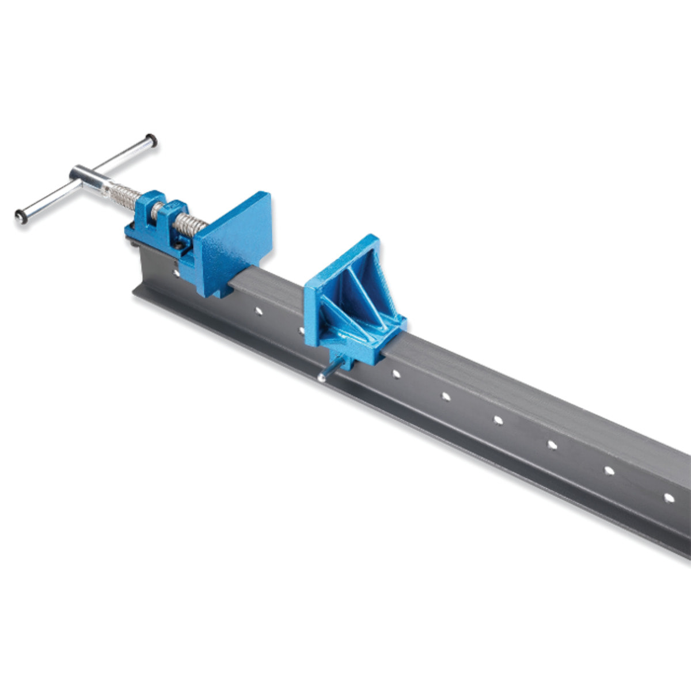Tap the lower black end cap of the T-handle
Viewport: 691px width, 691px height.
click(21, 217)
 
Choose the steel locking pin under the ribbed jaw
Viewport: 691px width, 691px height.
click(324, 375)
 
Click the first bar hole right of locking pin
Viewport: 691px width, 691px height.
click(396, 374)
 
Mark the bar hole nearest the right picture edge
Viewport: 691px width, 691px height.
click(669, 497)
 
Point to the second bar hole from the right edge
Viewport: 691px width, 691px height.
click(609, 470)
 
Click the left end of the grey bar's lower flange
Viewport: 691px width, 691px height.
click(138, 294)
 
